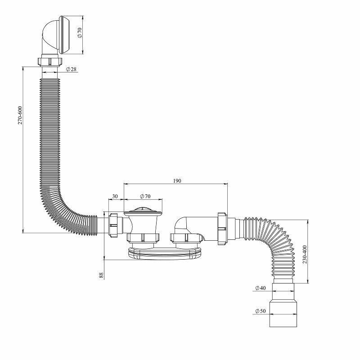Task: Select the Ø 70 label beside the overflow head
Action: click(79, 32)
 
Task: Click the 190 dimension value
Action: click(176, 180)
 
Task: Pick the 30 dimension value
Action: click(115, 196)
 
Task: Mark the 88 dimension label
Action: click(102, 274)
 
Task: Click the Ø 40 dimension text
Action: click(261, 287)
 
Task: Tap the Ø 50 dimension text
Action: click(261, 311)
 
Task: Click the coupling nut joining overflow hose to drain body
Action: click(115, 223)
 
